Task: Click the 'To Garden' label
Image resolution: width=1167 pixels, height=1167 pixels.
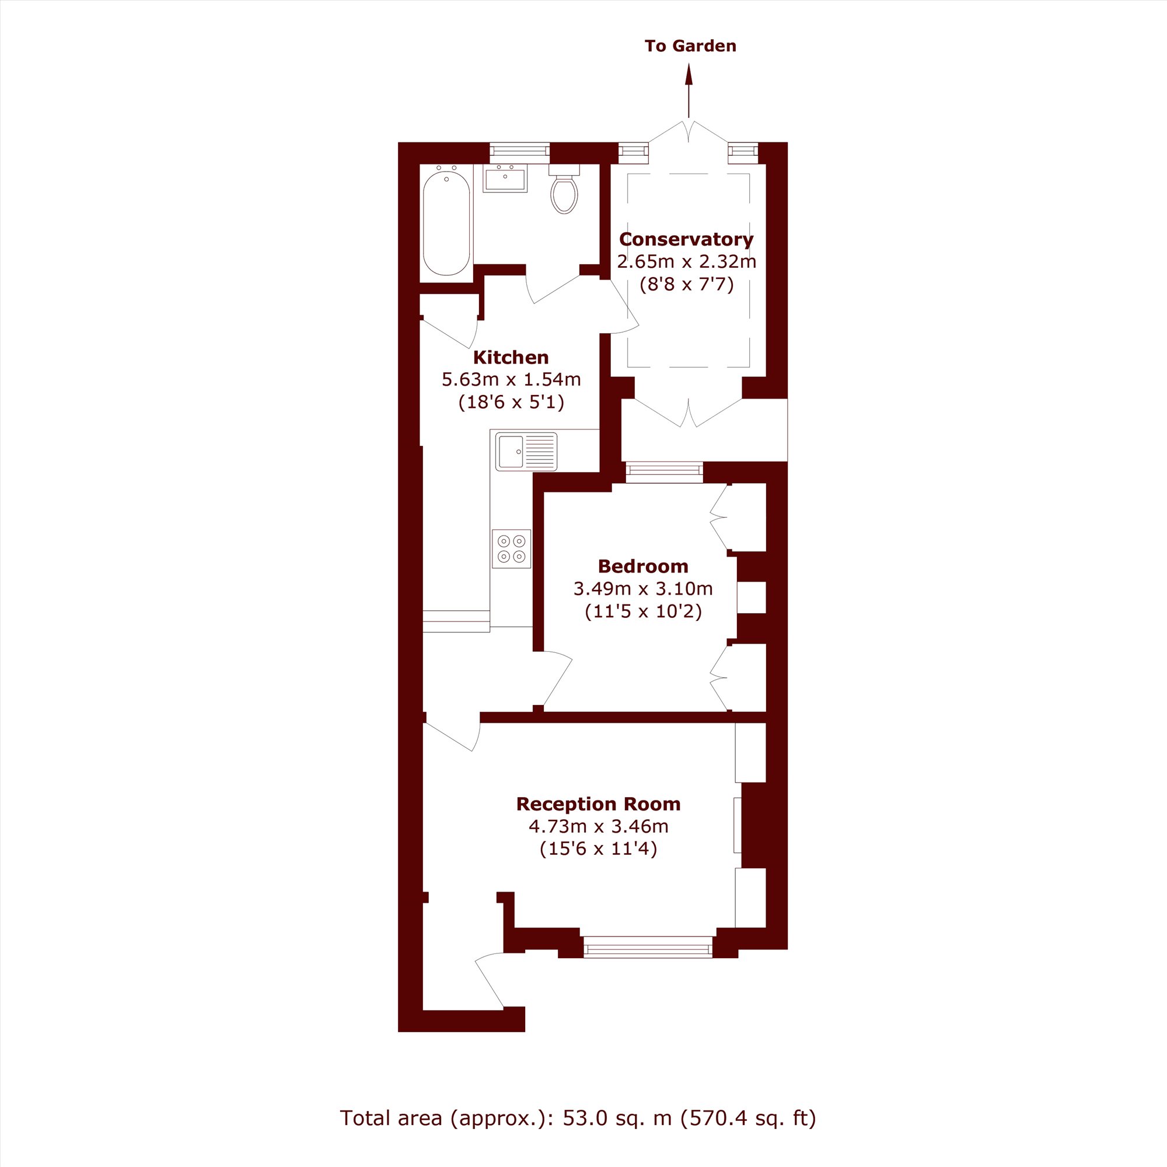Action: tap(690, 46)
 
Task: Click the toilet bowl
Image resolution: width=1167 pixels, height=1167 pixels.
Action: tap(564, 194)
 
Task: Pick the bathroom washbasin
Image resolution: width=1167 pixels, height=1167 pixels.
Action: tap(505, 178)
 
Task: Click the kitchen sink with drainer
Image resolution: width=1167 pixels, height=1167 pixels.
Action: tap(526, 451)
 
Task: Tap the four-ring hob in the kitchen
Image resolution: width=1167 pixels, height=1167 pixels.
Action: tap(511, 548)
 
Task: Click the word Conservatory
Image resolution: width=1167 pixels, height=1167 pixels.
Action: tap(687, 239)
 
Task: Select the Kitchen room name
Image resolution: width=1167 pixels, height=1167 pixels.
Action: tap(511, 358)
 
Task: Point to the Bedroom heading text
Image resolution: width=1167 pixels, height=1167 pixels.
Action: tap(643, 567)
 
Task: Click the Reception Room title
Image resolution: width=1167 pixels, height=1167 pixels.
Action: tap(599, 804)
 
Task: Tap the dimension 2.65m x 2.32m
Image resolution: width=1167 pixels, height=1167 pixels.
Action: tap(687, 261)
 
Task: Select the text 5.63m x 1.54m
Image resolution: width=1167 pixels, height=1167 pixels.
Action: tap(511, 379)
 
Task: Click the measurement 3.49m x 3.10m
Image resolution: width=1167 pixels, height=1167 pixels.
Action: tap(643, 588)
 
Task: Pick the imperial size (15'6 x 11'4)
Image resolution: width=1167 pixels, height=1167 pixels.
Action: tap(599, 848)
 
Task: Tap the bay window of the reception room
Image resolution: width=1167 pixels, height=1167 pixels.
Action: tap(648, 946)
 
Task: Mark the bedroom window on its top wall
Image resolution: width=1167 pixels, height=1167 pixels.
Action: tap(665, 473)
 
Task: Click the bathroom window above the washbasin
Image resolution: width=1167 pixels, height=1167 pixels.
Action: tap(519, 153)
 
